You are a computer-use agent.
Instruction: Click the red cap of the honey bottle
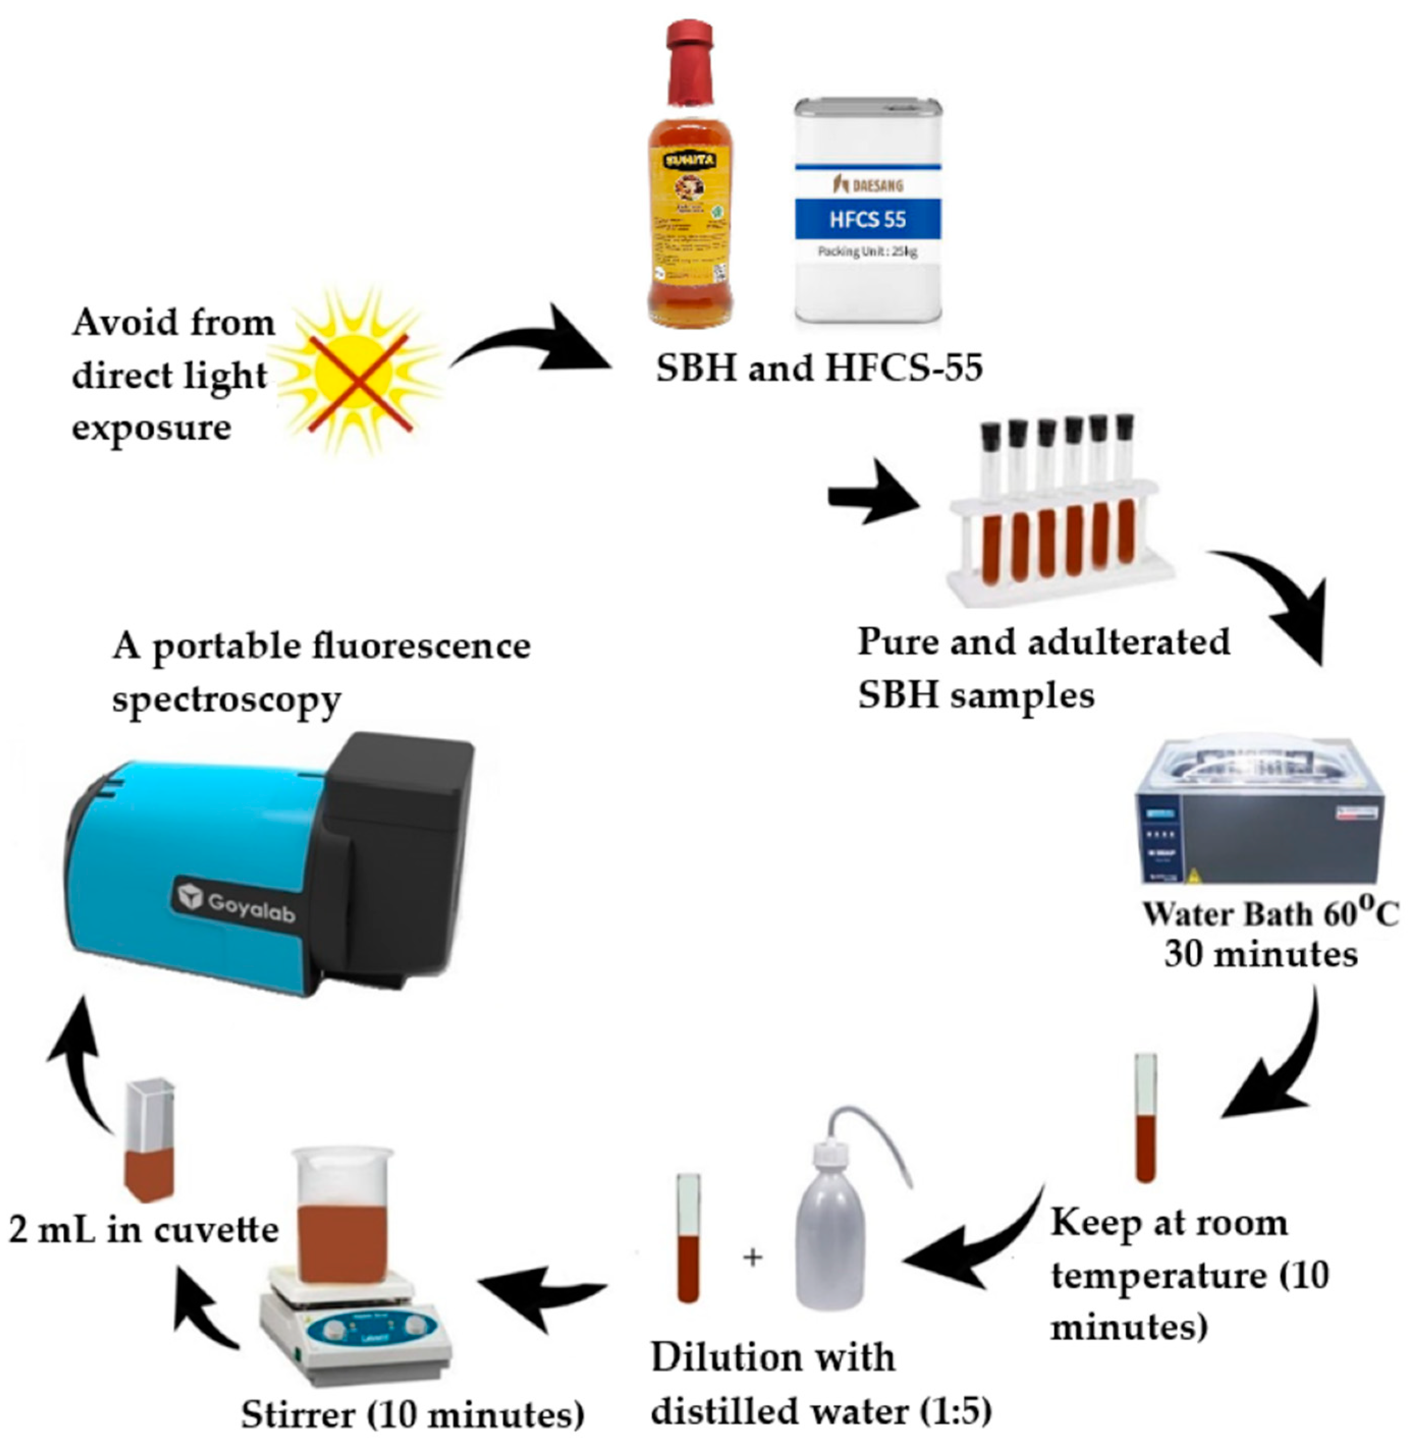coord(689,63)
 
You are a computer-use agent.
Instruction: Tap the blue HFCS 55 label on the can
coord(867,219)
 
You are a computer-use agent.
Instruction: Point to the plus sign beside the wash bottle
coord(752,1258)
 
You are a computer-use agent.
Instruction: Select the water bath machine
coord(1259,813)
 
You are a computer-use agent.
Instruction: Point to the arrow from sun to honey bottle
coord(532,346)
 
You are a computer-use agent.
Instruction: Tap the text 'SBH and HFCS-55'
coord(819,367)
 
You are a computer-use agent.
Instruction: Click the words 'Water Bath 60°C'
coord(1269,914)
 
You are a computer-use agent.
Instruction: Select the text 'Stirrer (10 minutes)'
coord(412,1413)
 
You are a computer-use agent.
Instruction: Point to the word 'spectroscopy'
coord(227,699)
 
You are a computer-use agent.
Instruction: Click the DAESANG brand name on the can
coord(867,184)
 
